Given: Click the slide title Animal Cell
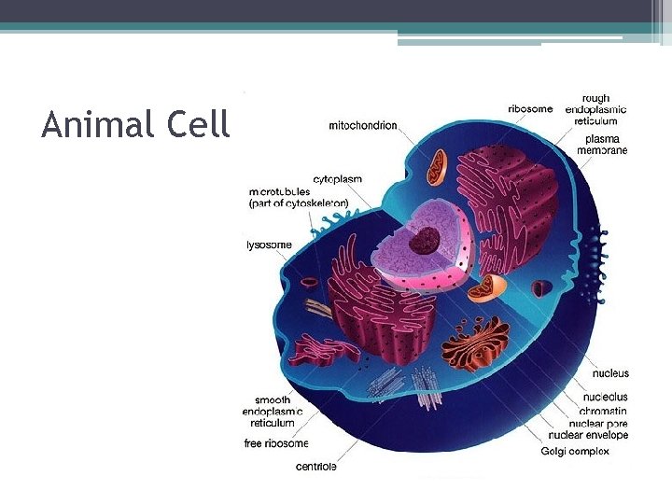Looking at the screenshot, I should (x=135, y=124).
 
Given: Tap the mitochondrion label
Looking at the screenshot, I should (x=363, y=125).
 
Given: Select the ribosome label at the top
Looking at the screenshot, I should (x=530, y=108).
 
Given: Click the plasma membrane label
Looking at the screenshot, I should (x=602, y=144).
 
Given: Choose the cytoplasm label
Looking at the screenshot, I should (x=337, y=178).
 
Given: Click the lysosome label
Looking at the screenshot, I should (x=269, y=245).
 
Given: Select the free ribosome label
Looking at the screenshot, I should (x=275, y=443).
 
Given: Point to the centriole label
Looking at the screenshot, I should (x=316, y=466).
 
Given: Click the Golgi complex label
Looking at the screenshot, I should (x=575, y=451).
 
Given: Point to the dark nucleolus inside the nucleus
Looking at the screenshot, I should (x=427, y=239).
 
